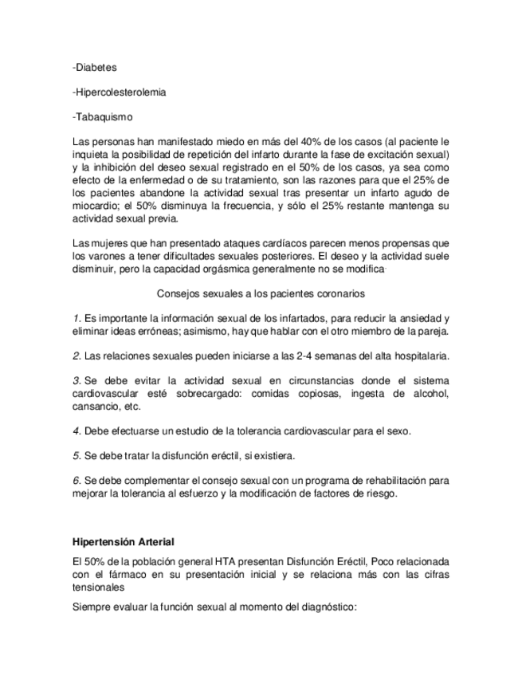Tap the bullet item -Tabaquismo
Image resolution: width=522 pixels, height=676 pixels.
99,117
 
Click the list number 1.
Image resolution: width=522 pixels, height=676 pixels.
75,318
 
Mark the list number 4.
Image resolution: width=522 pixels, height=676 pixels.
76,430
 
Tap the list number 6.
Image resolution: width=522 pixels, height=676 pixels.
76,481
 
